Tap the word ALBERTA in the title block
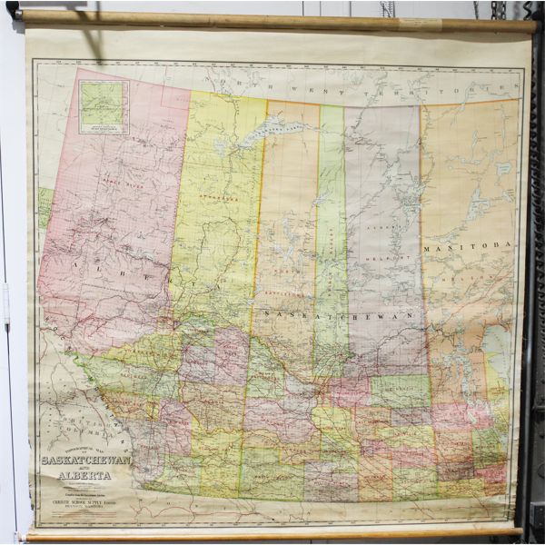[84, 475]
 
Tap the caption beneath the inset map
[102, 129]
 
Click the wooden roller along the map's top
[272, 21]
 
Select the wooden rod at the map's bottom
[272, 534]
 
